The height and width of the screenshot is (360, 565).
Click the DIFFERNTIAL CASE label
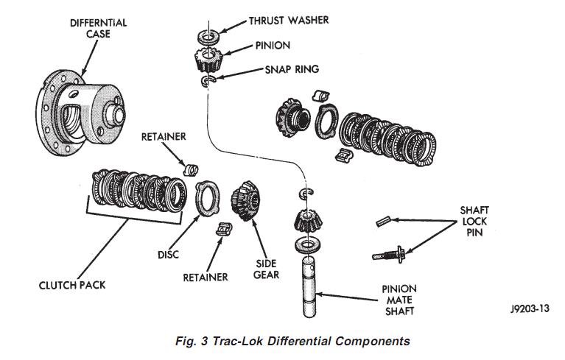99,29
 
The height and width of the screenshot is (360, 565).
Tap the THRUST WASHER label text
289,20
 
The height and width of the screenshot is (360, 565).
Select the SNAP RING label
292,69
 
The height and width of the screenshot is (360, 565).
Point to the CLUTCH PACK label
72,285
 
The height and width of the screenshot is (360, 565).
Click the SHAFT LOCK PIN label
474,221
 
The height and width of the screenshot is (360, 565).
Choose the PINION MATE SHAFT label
399,300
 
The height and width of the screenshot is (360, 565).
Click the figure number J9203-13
530,309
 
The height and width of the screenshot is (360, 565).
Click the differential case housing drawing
80,113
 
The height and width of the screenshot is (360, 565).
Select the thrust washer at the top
209,36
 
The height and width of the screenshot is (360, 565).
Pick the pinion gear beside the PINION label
208,60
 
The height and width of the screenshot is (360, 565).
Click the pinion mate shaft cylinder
309,286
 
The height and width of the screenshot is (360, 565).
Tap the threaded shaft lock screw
389,254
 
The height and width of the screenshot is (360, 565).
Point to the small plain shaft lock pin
384,221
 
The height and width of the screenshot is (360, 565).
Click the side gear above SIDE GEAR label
245,200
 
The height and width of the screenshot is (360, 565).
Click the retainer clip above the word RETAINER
224,229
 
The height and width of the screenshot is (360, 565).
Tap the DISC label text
168,255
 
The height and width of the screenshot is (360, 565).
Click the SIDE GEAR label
266,269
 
